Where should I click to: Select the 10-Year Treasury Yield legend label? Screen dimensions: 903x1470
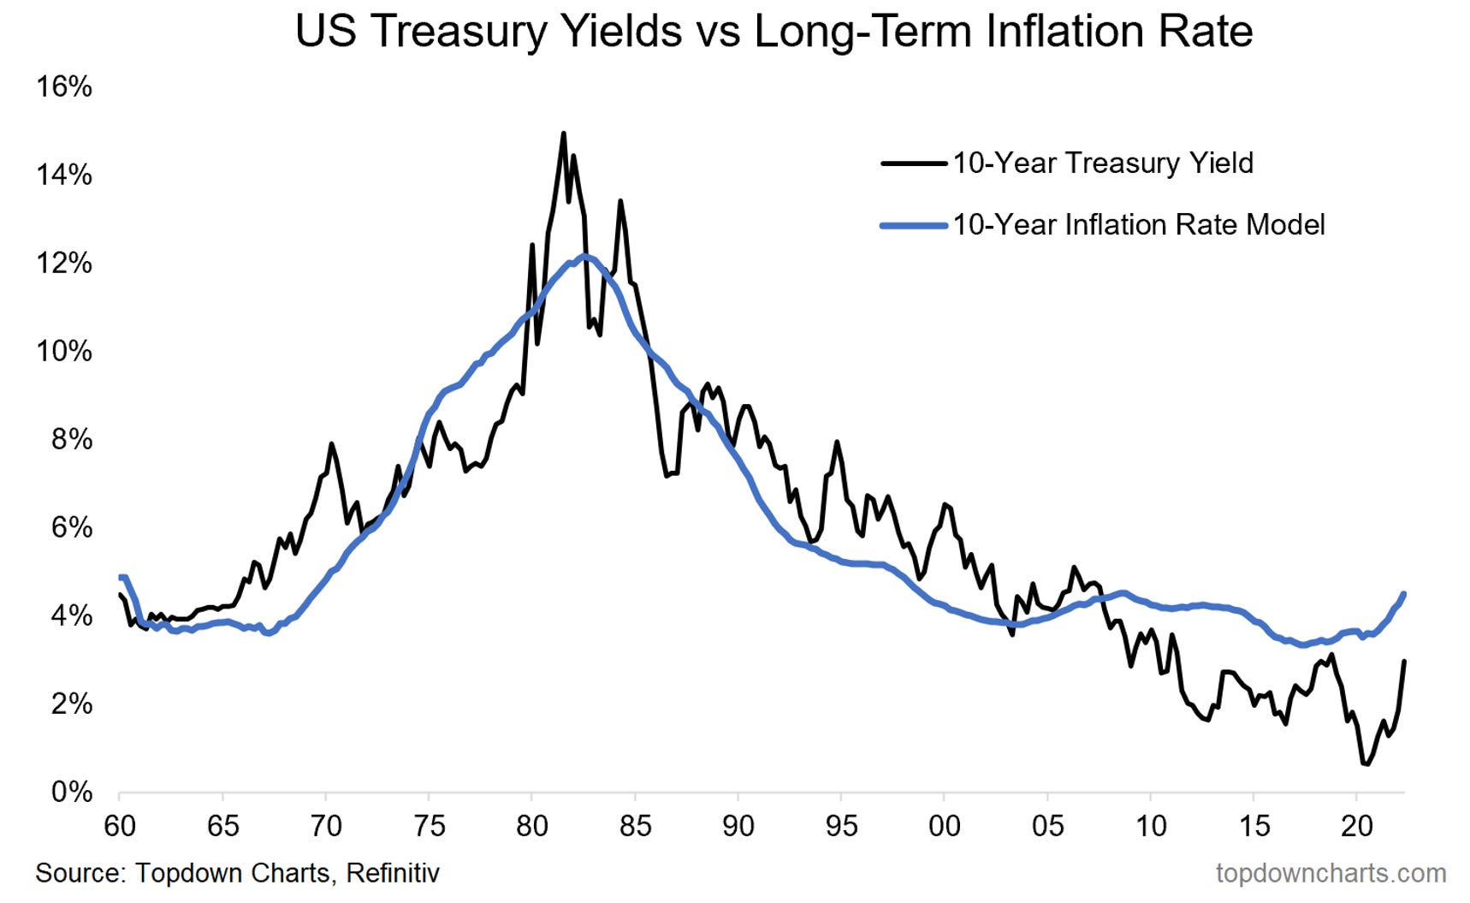click(1102, 163)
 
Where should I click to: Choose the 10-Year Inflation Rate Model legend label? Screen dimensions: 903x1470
click(1138, 225)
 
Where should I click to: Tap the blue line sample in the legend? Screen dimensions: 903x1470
click(914, 226)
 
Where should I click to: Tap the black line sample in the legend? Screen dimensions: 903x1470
click(914, 163)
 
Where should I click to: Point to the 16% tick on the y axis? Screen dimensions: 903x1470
click(64, 86)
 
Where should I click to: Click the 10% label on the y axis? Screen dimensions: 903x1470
click(64, 351)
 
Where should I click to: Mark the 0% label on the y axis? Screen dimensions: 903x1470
click(71, 792)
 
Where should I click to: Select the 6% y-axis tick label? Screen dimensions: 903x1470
click(71, 527)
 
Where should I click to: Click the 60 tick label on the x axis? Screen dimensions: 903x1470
click(120, 826)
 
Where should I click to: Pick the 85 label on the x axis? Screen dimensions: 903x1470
click(635, 826)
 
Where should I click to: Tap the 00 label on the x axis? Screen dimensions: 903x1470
click(944, 826)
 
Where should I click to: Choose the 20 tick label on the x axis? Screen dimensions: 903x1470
click(1356, 826)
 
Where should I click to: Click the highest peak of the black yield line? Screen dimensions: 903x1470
click(563, 134)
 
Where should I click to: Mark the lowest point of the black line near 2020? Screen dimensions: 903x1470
click(1366, 763)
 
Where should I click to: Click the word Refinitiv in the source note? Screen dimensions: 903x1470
click(393, 873)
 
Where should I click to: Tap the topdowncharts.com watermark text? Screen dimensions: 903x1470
click(1331, 873)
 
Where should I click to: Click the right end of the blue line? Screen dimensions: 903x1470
click(1404, 594)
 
